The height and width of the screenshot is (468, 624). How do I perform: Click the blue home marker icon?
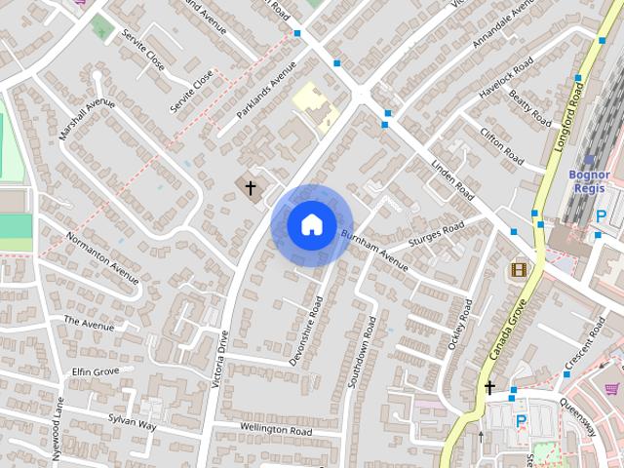tap(311, 224)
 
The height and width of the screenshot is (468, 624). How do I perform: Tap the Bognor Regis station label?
tap(587, 181)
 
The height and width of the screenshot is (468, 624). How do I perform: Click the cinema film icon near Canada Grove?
tap(518, 269)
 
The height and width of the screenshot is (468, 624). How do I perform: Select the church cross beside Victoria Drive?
tap(251, 187)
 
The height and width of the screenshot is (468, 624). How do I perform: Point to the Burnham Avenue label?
tap(374, 248)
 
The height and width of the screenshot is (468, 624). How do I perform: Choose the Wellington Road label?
tap(276, 429)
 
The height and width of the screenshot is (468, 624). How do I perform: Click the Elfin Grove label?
tap(96, 371)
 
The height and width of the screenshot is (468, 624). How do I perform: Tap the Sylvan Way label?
tap(133, 419)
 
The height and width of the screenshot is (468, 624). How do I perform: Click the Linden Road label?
tap(450, 179)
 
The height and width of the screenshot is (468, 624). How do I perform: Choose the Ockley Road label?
tap(458, 328)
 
